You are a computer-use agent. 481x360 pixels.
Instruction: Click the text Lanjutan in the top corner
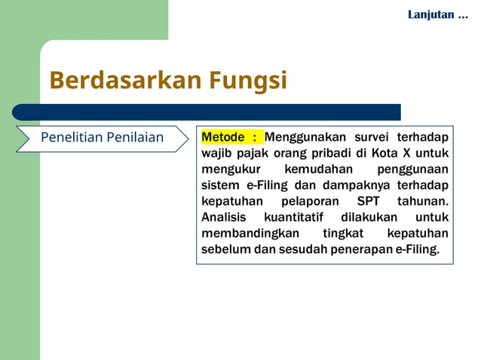(431, 14)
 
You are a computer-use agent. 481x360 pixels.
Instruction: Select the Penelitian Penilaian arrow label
(102, 138)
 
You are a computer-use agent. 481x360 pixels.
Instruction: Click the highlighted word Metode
(225, 137)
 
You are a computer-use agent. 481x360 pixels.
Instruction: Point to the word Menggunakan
(305, 137)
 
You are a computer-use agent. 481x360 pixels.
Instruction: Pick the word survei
(372, 137)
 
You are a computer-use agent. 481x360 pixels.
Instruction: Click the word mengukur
(230, 169)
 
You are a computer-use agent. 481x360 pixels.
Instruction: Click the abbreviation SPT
(365, 202)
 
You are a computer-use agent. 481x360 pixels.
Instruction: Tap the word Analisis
(224, 218)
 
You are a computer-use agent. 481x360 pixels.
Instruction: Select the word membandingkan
(250, 233)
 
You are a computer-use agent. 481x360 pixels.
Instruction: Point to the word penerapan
(362, 249)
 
